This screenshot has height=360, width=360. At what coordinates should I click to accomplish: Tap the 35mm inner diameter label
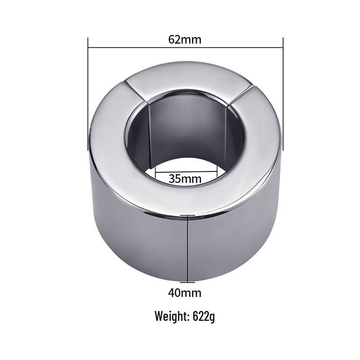click(185, 178)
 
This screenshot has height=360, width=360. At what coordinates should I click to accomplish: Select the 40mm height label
click(185, 293)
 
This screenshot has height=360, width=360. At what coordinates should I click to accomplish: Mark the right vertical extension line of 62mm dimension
click(283, 94)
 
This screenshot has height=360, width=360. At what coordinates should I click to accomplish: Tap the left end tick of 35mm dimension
click(155, 171)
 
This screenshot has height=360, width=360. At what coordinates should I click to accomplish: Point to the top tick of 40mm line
click(187, 216)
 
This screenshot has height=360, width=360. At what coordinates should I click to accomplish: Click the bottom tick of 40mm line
click(187, 283)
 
